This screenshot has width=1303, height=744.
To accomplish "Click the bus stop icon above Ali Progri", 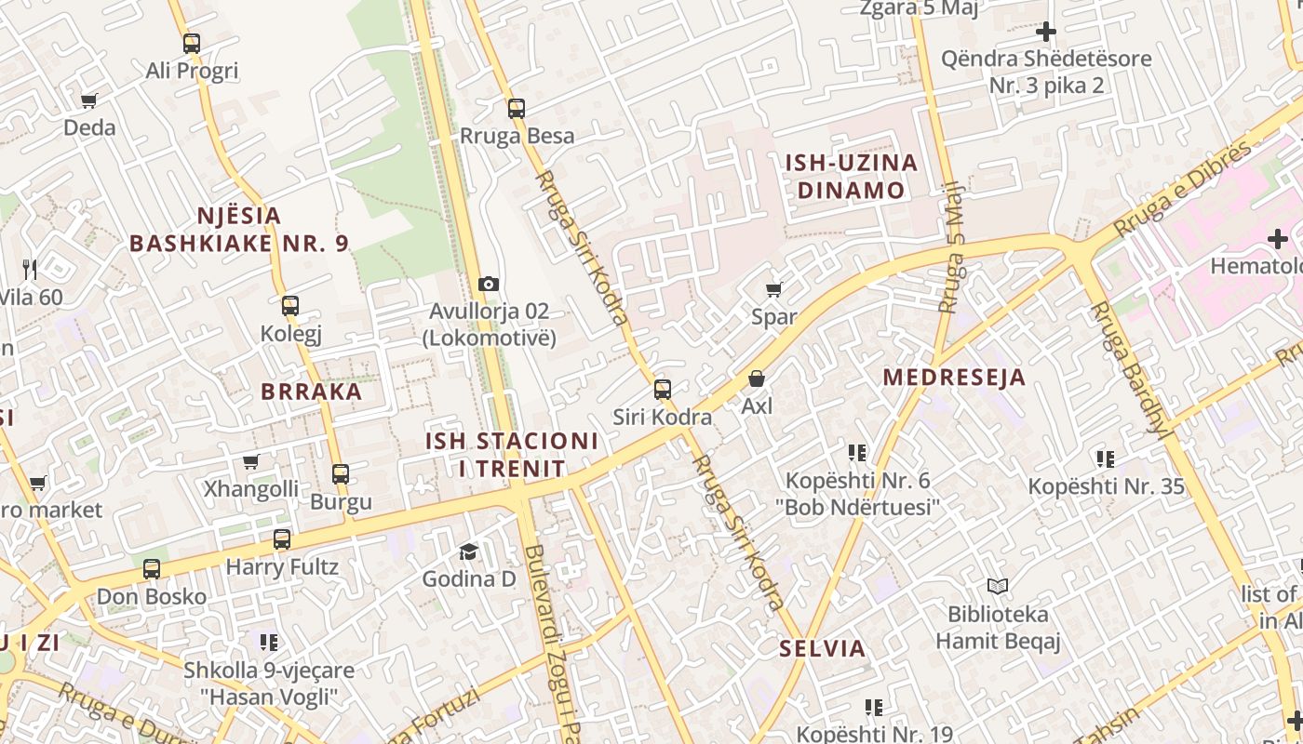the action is tap(192, 43).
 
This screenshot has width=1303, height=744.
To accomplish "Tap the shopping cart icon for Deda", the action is tap(89, 100).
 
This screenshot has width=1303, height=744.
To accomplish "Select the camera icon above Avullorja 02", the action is tap(489, 284).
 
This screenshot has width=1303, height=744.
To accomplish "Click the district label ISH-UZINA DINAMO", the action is tap(851, 177).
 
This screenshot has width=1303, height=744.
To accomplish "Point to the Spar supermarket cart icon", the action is tap(773, 289).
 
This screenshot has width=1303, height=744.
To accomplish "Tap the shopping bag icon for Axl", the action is tap(757, 379).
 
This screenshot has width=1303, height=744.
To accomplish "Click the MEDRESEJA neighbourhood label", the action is tap(954, 377).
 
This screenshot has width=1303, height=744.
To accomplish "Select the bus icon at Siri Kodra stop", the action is tap(663, 390).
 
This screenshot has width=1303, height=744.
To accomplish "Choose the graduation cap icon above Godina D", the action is tap(468, 551).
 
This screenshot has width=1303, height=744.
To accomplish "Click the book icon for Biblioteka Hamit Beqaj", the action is tap(998, 587).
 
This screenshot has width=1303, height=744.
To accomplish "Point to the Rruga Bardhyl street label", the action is tap(1129, 368).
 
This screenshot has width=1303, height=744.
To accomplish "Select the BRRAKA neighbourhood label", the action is tap(312, 391).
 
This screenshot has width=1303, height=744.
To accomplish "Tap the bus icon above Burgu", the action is tap(341, 473).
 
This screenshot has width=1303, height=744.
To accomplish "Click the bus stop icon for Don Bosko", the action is tap(152, 568).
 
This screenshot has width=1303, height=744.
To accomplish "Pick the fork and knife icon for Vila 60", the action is tap(30, 270).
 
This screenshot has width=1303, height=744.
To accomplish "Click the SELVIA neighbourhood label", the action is tap(822, 648).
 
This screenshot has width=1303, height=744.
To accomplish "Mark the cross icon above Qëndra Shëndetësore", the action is tap(1046, 32).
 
